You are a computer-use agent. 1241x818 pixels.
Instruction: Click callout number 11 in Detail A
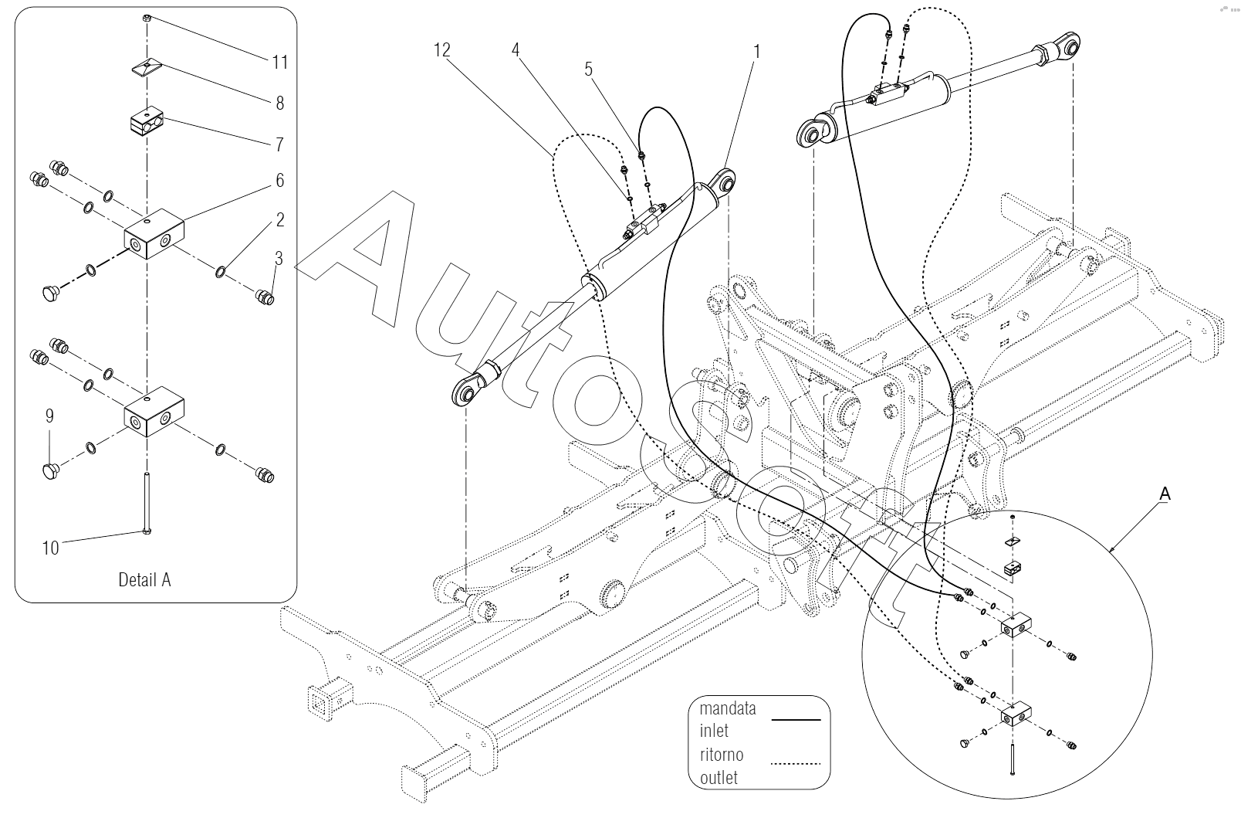[280, 62]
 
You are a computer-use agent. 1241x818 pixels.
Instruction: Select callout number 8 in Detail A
[280, 103]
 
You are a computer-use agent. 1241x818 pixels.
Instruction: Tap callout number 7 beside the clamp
[280, 144]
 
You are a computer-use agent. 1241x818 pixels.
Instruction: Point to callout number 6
[280, 180]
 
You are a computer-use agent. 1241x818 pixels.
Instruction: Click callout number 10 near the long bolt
[50, 548]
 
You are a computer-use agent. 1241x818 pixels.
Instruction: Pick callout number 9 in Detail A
[49, 416]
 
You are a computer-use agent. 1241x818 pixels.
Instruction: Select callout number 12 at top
[441, 50]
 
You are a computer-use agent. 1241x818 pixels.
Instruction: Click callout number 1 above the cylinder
[757, 52]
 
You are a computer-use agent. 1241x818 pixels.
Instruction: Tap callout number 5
[589, 70]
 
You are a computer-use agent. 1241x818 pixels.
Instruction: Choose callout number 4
[516, 50]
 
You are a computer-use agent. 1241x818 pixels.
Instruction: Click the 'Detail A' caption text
[144, 579]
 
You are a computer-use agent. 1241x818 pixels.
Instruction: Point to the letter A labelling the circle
[1165, 494]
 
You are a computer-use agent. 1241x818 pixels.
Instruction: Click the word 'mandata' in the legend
[727, 708]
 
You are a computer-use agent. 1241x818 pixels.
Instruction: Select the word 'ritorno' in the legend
[722, 755]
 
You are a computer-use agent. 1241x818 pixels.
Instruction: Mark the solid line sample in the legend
[796, 720]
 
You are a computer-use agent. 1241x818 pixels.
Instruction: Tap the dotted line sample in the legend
[796, 764]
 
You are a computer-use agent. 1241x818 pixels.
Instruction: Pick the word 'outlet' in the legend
[719, 778]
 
